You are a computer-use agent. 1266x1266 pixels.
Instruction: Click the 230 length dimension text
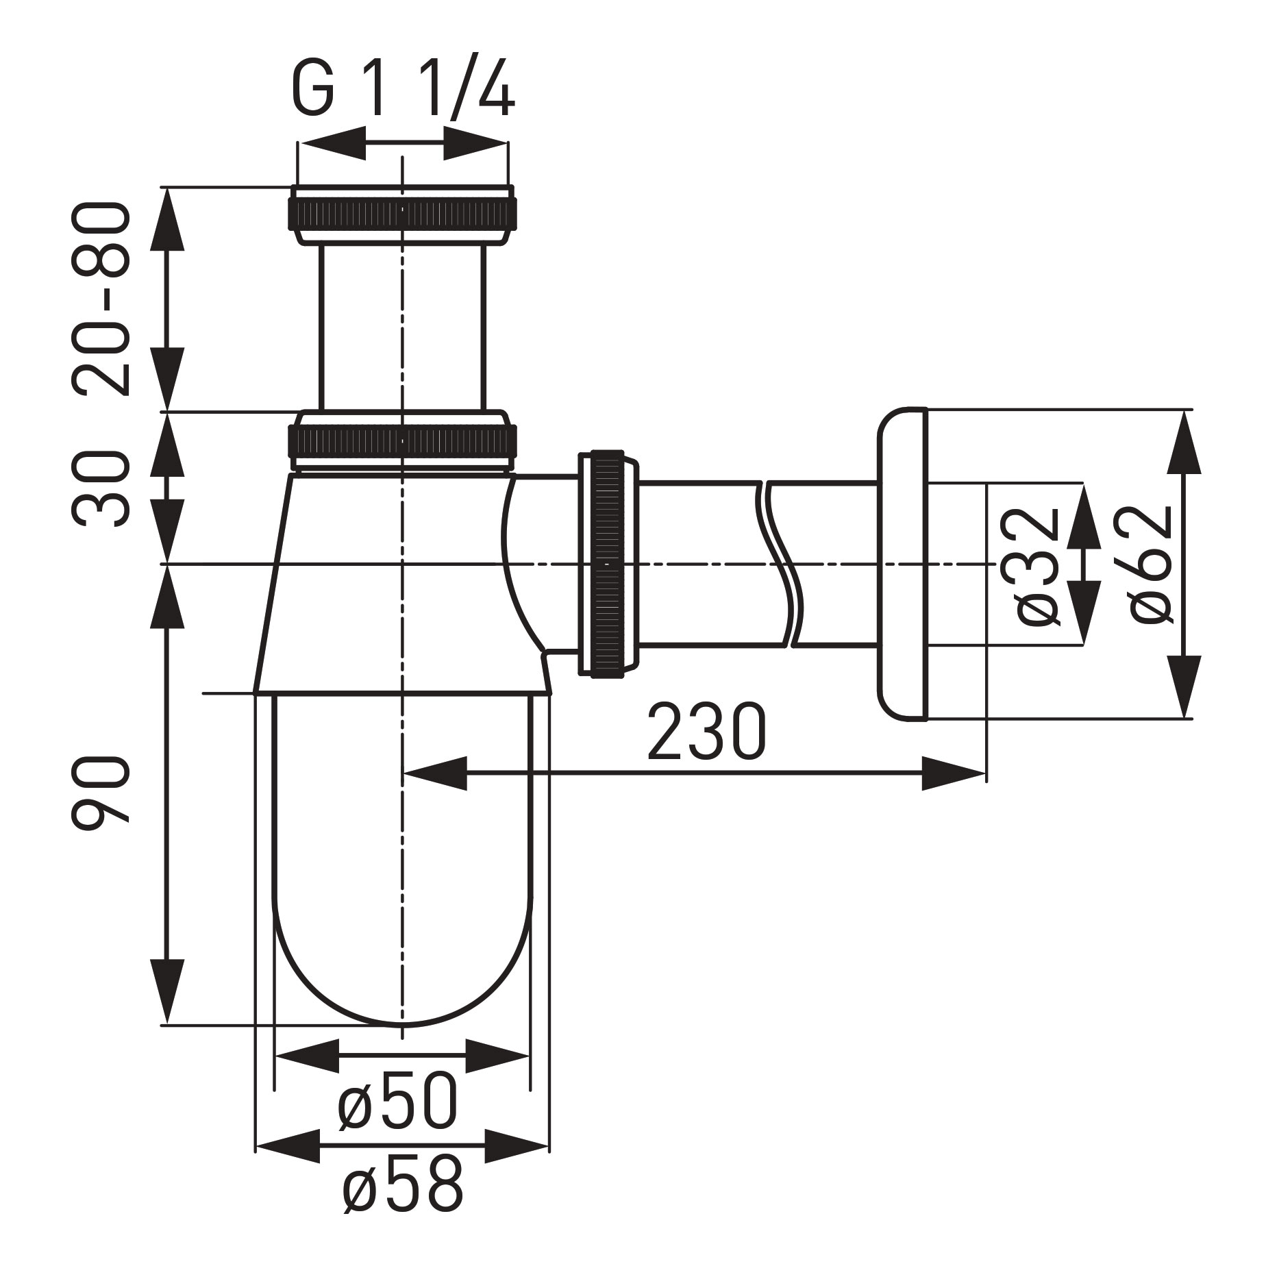coord(706,732)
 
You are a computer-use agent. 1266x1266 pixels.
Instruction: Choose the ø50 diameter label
coord(397,1104)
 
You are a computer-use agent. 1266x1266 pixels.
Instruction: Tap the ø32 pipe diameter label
coord(1038,565)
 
